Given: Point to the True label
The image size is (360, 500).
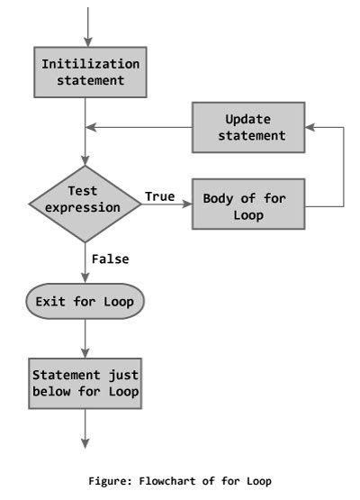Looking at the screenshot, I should coord(159,195).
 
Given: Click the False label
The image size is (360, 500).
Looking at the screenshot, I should coord(110,259).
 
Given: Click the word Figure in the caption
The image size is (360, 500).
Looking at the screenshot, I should coord(109,481).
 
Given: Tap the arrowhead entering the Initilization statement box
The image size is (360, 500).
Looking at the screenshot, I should coord(87,41).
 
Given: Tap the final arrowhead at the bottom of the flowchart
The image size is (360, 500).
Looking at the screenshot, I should coord(87,441).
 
